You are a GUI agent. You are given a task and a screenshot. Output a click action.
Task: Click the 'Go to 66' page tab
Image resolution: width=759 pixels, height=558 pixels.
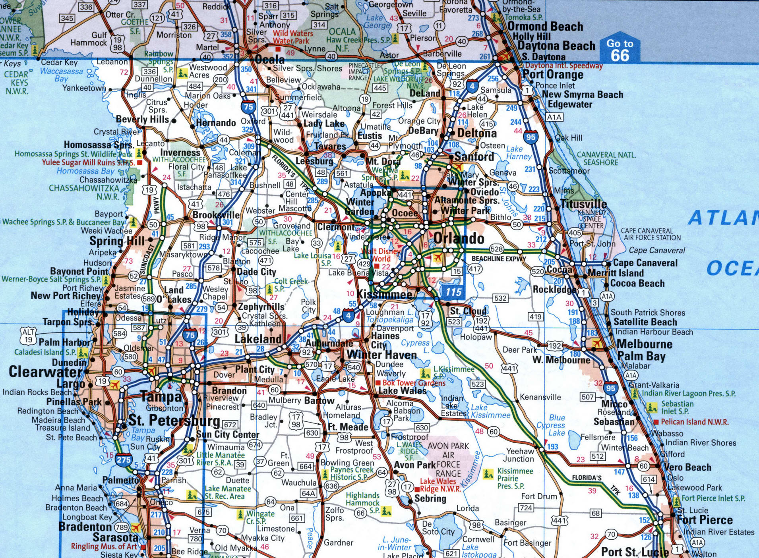click(620, 50)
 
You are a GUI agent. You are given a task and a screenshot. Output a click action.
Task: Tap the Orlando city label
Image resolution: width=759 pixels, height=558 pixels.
click(459, 238)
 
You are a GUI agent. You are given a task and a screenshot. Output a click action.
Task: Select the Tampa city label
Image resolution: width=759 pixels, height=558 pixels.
click(161, 396)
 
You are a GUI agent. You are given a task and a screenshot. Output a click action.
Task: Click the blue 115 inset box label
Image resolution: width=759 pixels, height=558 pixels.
click(453, 292)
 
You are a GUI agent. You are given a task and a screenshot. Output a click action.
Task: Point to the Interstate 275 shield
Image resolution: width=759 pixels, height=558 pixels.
click(124, 460)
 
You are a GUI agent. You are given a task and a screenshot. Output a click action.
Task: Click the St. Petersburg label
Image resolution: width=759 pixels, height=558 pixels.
click(174, 421)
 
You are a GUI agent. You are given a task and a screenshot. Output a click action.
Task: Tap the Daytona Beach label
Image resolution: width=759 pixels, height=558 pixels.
click(556, 46)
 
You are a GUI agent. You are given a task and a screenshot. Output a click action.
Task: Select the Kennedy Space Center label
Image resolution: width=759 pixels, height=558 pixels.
click(592, 219)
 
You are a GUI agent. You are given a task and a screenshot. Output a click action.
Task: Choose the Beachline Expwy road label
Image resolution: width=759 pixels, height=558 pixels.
click(499, 259)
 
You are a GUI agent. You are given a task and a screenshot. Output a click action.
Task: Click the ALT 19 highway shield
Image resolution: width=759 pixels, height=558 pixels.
click(29, 336)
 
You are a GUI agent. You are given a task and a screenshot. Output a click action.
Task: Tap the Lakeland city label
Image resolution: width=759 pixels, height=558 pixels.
click(258, 339)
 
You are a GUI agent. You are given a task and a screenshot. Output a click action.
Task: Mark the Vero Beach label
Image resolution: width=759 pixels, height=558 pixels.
click(688, 467)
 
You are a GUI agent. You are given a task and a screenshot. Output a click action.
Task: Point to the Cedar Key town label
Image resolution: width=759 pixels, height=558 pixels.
click(59, 62)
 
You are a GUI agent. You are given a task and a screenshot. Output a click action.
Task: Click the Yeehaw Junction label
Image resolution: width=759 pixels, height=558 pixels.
click(520, 455)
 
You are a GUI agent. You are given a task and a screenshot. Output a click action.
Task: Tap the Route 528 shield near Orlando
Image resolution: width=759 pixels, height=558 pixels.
click(496, 249)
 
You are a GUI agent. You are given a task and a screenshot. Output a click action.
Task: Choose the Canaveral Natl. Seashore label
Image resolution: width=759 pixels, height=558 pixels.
click(606, 158)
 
